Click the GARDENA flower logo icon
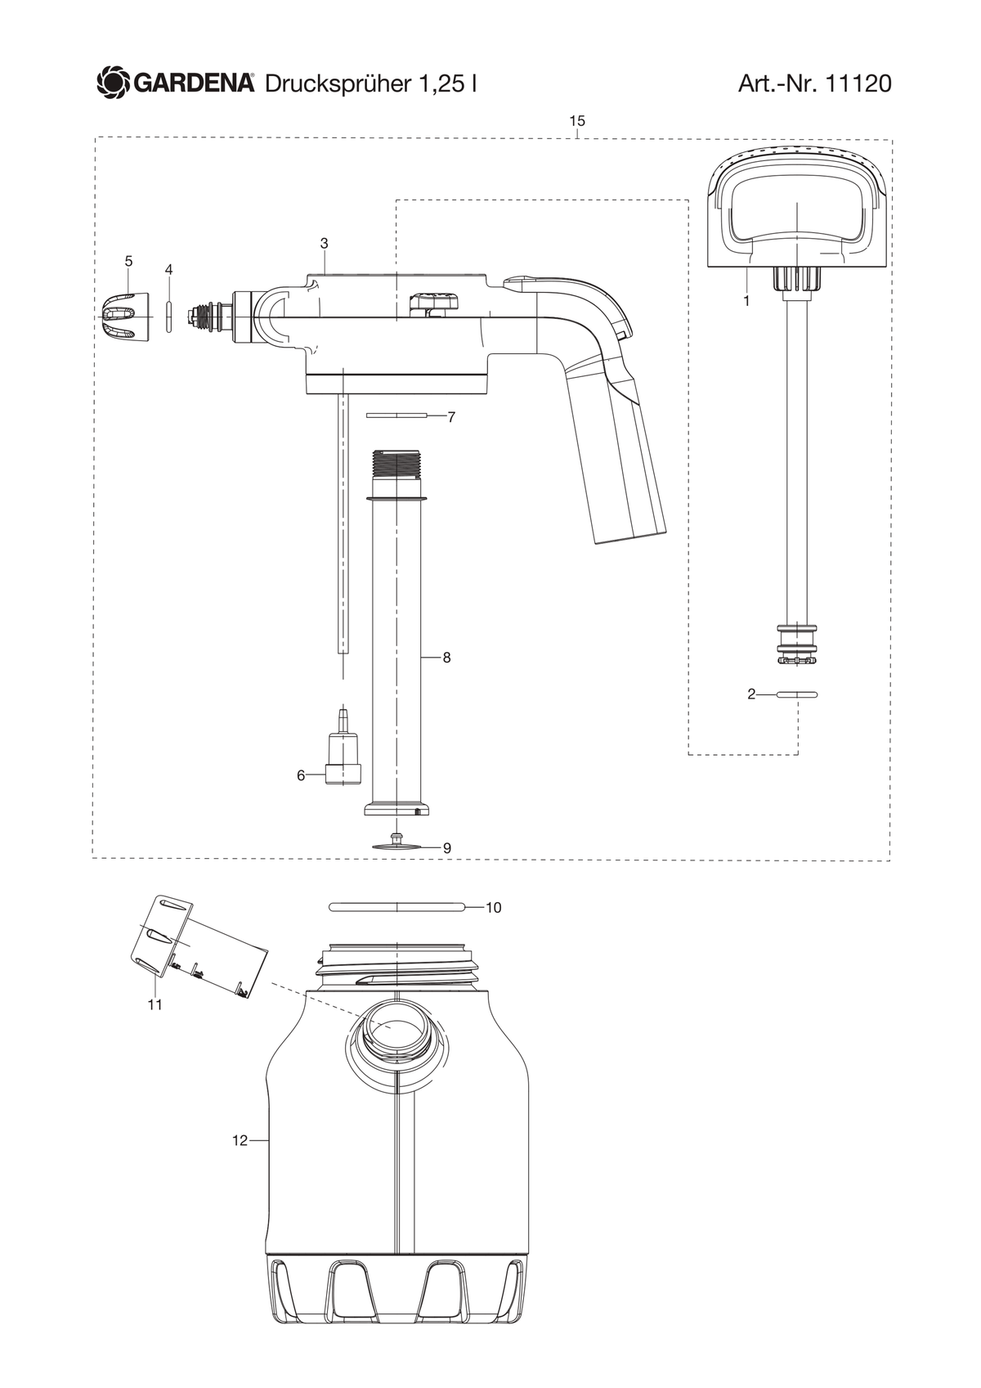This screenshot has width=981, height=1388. point(112,83)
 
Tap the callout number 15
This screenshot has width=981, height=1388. point(577,121)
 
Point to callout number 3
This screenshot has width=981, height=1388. point(324,244)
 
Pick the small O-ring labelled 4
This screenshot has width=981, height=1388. point(168,317)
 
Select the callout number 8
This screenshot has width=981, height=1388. point(446,658)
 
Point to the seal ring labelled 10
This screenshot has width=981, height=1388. point(396,907)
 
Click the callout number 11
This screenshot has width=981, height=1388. point(155,1004)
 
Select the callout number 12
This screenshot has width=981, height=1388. point(240,1141)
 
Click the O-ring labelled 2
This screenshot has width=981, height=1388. point(797,694)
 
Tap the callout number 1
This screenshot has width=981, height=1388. point(746,301)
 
